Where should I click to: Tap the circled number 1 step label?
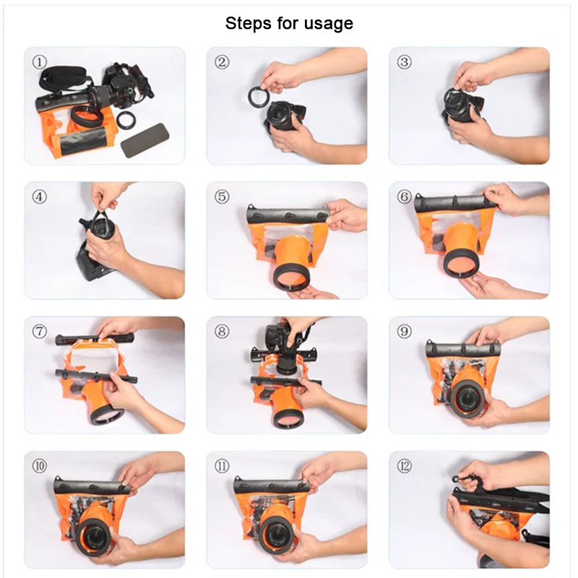tap(40, 62)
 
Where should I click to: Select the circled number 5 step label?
tap(222, 197)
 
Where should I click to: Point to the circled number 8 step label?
tap(222, 332)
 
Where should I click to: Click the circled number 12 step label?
tap(405, 466)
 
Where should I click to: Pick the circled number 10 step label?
tap(40, 466)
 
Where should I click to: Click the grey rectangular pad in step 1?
tap(145, 140)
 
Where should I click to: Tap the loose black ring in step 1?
tap(126, 120)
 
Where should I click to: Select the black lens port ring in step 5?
tap(290, 277)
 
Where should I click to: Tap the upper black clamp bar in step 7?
tap(95, 338)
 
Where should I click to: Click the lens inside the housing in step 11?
tap(277, 534)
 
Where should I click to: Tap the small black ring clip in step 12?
tap(457, 479)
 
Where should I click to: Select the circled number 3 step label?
tap(405, 62)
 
